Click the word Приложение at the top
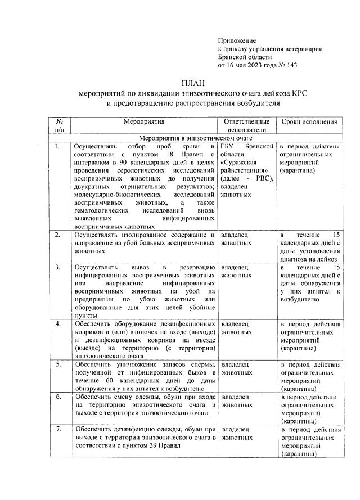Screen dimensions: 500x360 coord(237,40)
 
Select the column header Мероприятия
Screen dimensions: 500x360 coord(145,121)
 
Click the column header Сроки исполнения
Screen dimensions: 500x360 coord(309,121)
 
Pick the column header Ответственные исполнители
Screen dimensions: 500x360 coord(246,125)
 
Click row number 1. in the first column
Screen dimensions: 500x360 coord(57,146)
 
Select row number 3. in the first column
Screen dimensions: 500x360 coord(57,267)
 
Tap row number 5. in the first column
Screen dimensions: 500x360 coord(57,364)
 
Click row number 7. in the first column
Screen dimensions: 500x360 coord(57,429)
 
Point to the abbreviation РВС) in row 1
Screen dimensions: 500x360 coord(261,178)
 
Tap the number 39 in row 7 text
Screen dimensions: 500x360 coord(160,445)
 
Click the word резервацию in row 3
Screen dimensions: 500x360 coord(195,267)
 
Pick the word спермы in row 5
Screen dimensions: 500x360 coord(201,364)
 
